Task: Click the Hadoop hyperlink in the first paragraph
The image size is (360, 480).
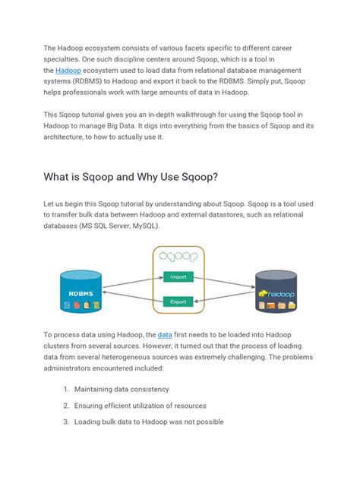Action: coord(68,70)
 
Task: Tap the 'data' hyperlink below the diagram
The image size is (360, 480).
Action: coord(165,334)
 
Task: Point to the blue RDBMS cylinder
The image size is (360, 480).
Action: coord(81,291)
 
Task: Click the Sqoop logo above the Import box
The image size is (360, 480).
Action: coord(179,257)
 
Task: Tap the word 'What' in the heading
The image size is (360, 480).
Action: coord(62,178)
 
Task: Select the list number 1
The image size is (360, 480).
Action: coord(66,389)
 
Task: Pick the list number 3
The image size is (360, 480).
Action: coord(66,422)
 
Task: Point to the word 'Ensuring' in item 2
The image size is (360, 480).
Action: coord(93,406)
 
